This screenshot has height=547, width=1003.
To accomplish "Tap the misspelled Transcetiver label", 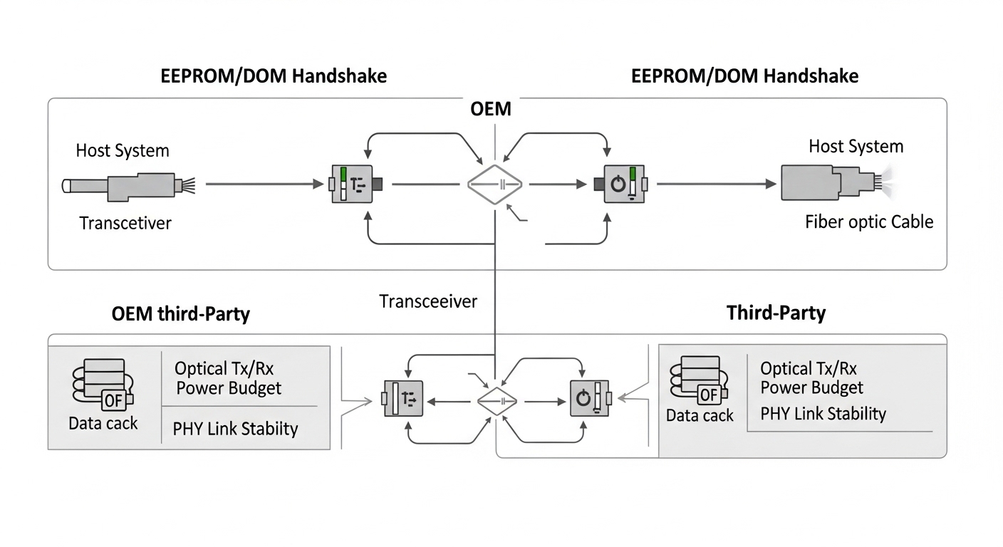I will click(125, 223).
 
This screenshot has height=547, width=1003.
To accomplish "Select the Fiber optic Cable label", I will click(869, 222).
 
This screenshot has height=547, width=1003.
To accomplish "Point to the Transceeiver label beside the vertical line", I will click(428, 301).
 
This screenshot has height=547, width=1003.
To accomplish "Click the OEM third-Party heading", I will click(181, 314).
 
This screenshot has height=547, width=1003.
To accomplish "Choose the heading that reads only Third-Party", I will click(776, 313).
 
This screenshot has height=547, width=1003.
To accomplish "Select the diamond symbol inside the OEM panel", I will click(495, 184).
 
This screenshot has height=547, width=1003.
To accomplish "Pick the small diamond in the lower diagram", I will click(495, 401).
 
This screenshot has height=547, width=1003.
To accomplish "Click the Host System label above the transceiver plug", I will click(123, 150).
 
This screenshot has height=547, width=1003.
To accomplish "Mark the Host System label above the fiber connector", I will click(856, 147).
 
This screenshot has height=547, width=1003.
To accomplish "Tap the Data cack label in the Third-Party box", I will click(700, 415).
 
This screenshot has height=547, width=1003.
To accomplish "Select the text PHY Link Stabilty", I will click(235, 428).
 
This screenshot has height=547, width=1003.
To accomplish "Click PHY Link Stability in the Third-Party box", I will click(823, 414).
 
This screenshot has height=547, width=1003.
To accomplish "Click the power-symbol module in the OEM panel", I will click(620, 184).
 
